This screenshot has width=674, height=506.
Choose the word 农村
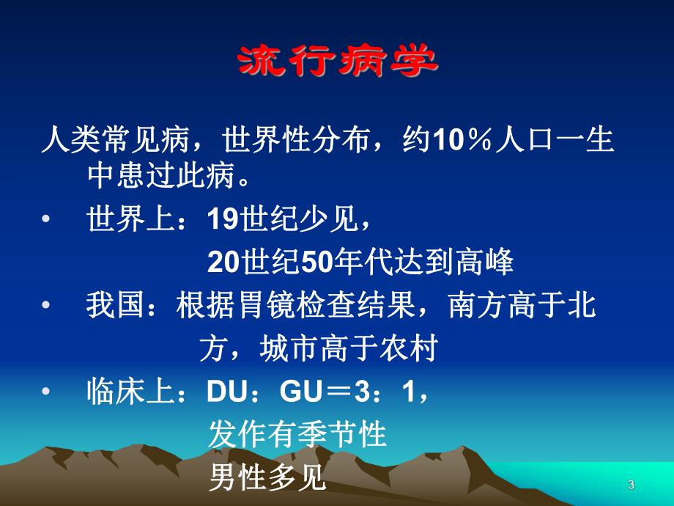tap(407, 349)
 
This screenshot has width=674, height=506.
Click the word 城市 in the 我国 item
tap(289, 349)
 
